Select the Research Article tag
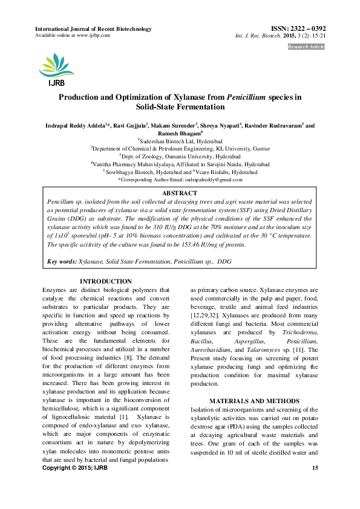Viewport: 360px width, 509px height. pyautogui.click(x=306, y=47)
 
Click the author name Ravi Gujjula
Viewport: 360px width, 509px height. pyautogui.click(x=131, y=126)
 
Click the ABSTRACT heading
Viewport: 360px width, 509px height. pyautogui.click(x=180, y=192)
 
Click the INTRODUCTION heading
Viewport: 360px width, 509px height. pyautogui.click(x=106, y=282)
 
